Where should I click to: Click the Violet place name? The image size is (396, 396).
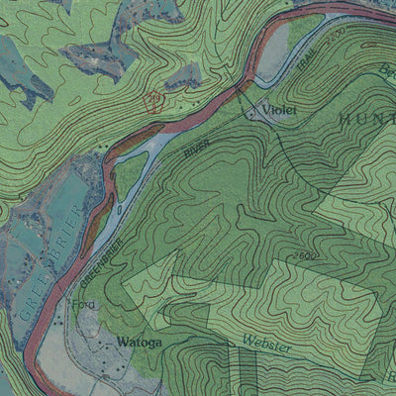coord(280,110)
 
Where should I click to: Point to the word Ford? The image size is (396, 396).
coord(84,305)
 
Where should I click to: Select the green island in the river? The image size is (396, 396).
coord(131,171)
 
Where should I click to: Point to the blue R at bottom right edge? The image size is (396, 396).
coord(389,377)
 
